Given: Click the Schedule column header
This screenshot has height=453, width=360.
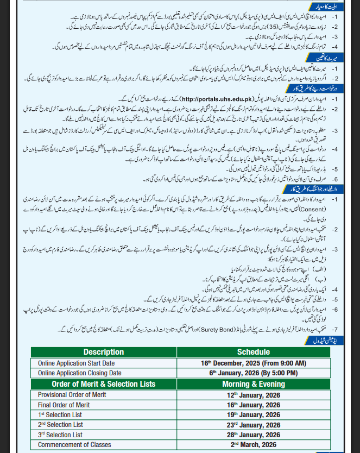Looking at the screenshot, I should pos(254,352).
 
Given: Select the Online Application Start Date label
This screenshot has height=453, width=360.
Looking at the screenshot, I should pos(76,363).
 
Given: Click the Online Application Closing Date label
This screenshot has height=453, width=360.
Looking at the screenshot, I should pos(79,373).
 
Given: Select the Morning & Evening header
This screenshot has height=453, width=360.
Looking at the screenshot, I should pos(254,384).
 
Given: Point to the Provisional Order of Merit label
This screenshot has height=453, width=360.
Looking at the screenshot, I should pos(72,395).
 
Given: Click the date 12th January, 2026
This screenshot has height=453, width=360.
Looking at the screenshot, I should pos(254,395).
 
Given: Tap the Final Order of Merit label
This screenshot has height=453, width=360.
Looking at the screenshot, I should pos(64,405).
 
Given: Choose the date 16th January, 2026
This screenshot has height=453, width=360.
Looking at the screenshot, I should pos(254,405).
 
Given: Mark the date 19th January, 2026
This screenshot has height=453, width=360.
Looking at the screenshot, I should pos(254,415).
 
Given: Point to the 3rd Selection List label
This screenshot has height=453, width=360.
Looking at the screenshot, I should pos(60,435).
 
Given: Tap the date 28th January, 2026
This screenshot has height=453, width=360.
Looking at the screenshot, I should pos(254,435).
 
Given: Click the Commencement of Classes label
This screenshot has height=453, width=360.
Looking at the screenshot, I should pos(74,445).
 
